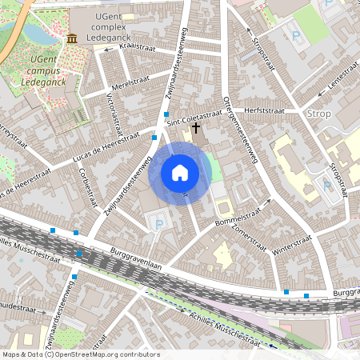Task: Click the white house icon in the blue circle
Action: click(x=180, y=173)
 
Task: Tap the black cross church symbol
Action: click(x=196, y=127)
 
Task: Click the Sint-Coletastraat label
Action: click(x=195, y=117)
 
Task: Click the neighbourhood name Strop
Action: click(x=318, y=114)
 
